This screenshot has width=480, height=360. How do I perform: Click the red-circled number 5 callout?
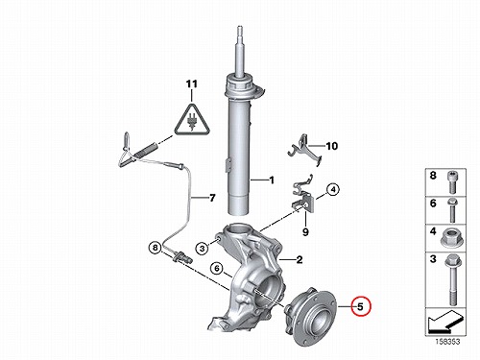(x=360, y=306)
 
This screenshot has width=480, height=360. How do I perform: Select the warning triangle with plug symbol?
(x=192, y=119)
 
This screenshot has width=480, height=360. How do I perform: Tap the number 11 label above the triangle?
(x=192, y=84)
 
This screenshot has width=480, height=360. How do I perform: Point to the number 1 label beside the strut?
(x=272, y=180)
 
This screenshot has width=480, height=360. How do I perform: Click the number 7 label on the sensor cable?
(x=212, y=198)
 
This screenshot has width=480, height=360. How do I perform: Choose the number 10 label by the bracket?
(x=332, y=146)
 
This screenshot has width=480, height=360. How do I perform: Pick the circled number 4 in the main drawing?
(x=333, y=190)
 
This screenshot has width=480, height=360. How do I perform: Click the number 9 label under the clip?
(x=305, y=232)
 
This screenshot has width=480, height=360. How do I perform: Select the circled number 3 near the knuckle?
(x=203, y=248)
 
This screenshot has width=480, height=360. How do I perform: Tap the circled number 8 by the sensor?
(x=156, y=248)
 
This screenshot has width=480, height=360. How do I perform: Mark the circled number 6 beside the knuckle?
(x=217, y=268)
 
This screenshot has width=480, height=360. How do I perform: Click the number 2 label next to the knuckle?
(x=300, y=259)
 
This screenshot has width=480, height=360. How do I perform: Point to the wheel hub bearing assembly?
(x=310, y=315)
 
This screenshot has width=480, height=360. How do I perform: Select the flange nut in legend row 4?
(x=452, y=239)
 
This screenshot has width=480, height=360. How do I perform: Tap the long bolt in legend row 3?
(x=452, y=279)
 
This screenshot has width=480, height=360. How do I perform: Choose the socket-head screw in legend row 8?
(x=452, y=182)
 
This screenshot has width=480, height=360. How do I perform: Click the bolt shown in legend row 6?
(x=452, y=210)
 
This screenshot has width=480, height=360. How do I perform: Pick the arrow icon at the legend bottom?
(x=445, y=322)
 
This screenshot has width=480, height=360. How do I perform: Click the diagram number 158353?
(x=447, y=342)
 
